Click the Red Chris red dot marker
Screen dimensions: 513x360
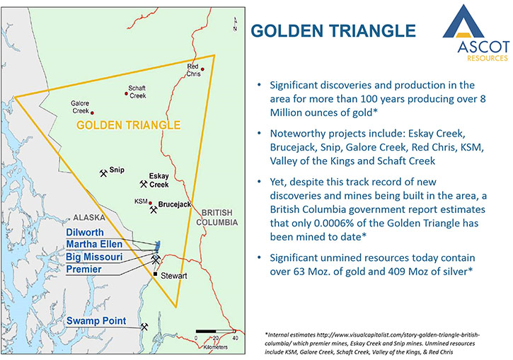coord(202,69)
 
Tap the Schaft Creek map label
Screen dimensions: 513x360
coord(137,92)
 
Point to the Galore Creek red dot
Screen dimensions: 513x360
coord(92,112)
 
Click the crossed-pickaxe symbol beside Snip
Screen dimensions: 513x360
coord(103,173)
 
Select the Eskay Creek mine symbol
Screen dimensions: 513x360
coord(144,184)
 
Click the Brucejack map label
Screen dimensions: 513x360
coord(174,204)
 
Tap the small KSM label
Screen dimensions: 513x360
coord(141,202)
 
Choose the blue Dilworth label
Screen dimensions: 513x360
coord(85,232)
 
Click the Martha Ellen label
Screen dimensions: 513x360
coord(94,244)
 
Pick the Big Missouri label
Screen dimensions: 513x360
coord(94,257)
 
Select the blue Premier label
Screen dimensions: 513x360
coord(83,269)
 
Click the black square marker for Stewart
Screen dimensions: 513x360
coord(155,274)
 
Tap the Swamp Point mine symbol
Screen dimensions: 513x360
coord(144,327)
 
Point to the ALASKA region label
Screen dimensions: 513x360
coord(89,217)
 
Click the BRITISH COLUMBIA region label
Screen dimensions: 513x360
coord(217,217)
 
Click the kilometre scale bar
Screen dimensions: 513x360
coord(216,332)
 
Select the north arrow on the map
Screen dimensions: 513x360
coord(235,25)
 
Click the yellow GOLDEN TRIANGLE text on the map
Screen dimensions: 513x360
coord(128,125)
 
